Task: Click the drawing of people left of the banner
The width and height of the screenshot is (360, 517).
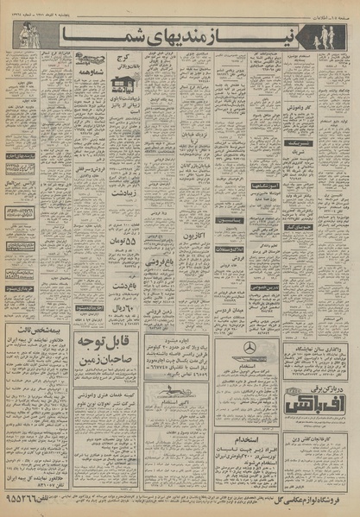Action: point(20,36)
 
